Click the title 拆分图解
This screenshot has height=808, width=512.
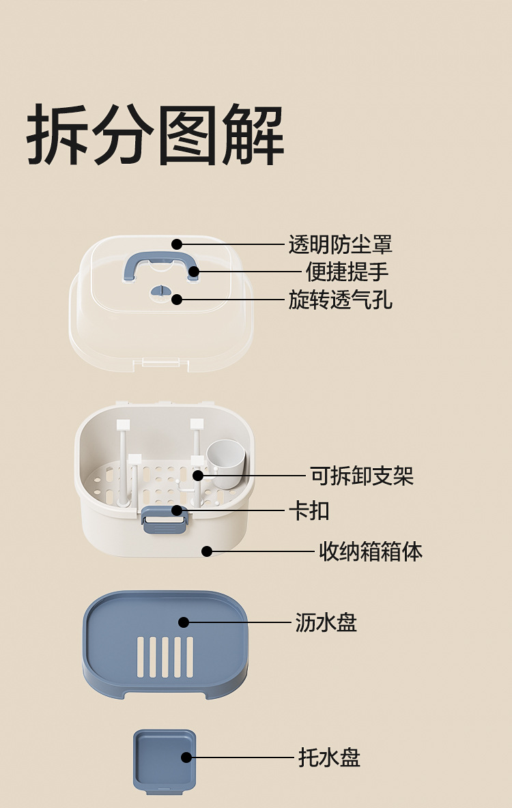pos(156,134)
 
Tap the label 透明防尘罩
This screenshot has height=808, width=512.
pos(340,244)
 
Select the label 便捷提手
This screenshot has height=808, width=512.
pos(347,272)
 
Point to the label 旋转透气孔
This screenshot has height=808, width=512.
pos(340,299)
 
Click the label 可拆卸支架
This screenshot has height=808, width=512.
pos(362,476)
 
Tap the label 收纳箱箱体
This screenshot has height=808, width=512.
pos(371,551)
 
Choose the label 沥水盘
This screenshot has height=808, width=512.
pos(326,622)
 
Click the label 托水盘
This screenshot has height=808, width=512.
pos(329,757)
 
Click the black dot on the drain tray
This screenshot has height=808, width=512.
pos(184,622)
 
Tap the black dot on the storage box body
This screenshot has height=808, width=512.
pos(207,551)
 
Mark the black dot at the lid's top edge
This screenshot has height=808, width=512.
pos(177,244)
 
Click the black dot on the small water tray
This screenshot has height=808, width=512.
pos(186,757)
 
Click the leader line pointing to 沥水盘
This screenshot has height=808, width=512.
pos(239,622)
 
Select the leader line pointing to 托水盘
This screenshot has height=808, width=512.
pos(242,757)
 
